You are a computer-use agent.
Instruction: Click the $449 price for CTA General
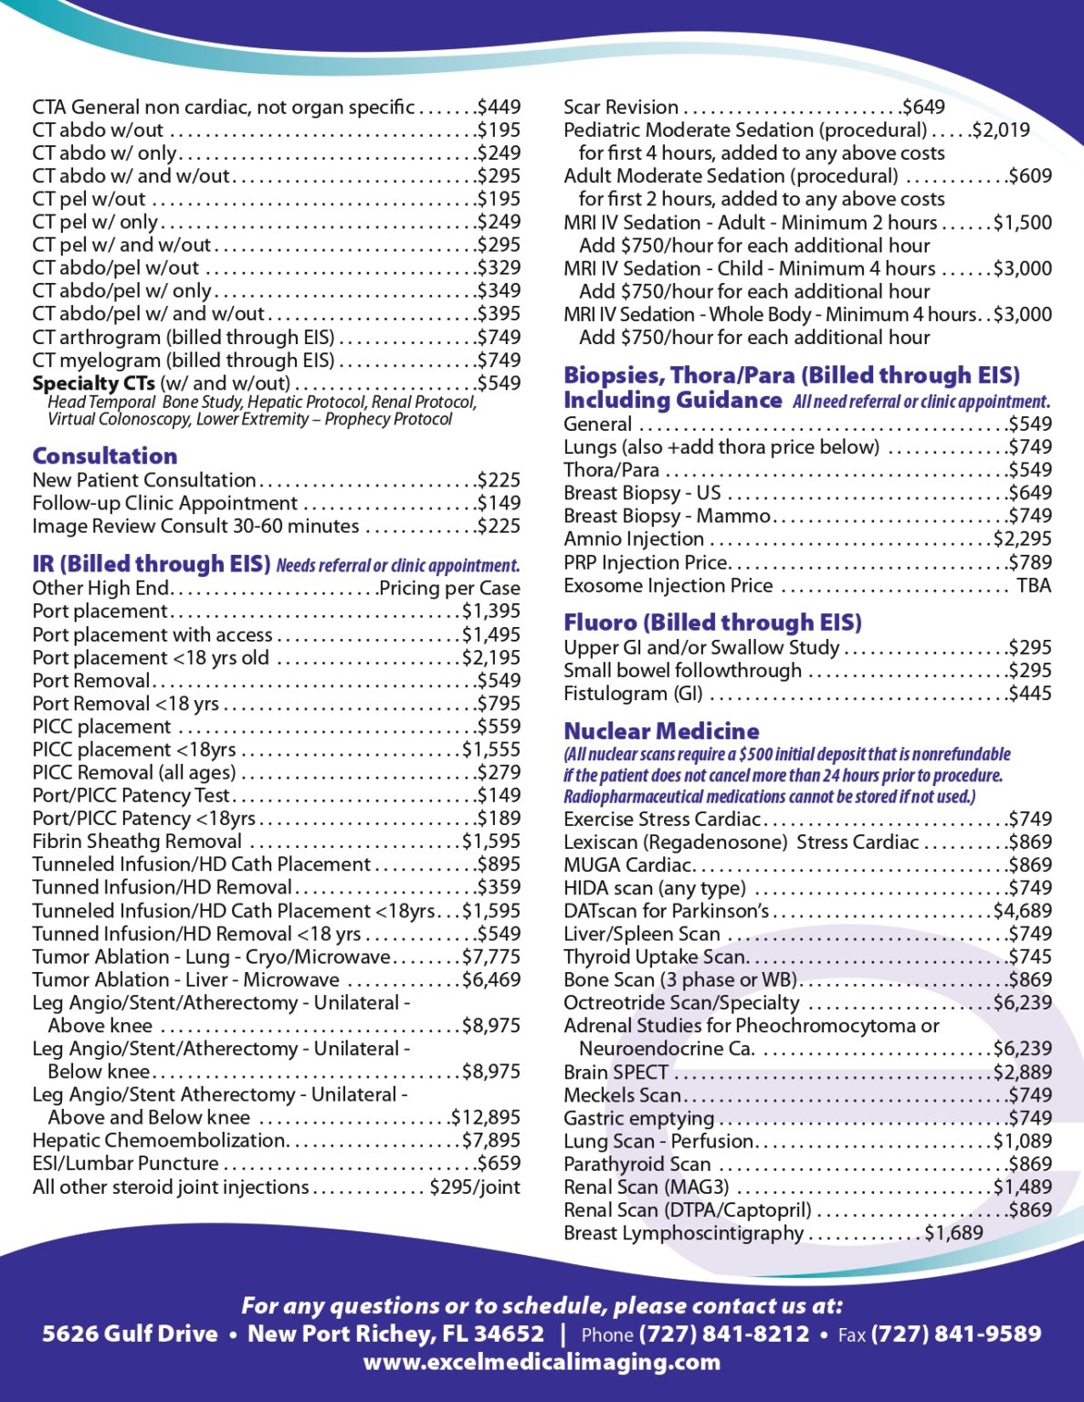tap(499, 108)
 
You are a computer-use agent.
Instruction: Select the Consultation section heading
tap(105, 455)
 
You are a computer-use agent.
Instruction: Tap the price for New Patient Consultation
tap(499, 480)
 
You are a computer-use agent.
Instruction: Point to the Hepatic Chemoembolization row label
tap(159, 1141)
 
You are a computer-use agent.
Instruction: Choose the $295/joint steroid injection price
tap(475, 1188)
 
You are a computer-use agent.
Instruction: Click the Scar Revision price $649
tap(923, 108)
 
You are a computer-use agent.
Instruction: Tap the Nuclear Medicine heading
tap(661, 731)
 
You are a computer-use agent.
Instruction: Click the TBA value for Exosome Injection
tap(1034, 586)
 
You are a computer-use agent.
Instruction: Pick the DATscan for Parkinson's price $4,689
tap(1023, 911)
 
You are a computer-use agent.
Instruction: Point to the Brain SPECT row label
tap(616, 1072)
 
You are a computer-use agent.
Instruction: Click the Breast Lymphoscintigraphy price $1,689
tap(953, 1233)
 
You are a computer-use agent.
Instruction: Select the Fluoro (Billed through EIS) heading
tap(712, 623)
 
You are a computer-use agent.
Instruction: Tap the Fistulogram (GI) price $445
tap(1030, 694)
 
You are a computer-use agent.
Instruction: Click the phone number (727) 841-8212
tap(724, 1334)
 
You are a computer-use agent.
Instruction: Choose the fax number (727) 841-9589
tap(956, 1334)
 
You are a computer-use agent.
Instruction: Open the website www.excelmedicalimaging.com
tap(542, 1363)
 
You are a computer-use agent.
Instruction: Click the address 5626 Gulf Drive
tap(130, 1334)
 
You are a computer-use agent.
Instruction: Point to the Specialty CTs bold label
tap(93, 383)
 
